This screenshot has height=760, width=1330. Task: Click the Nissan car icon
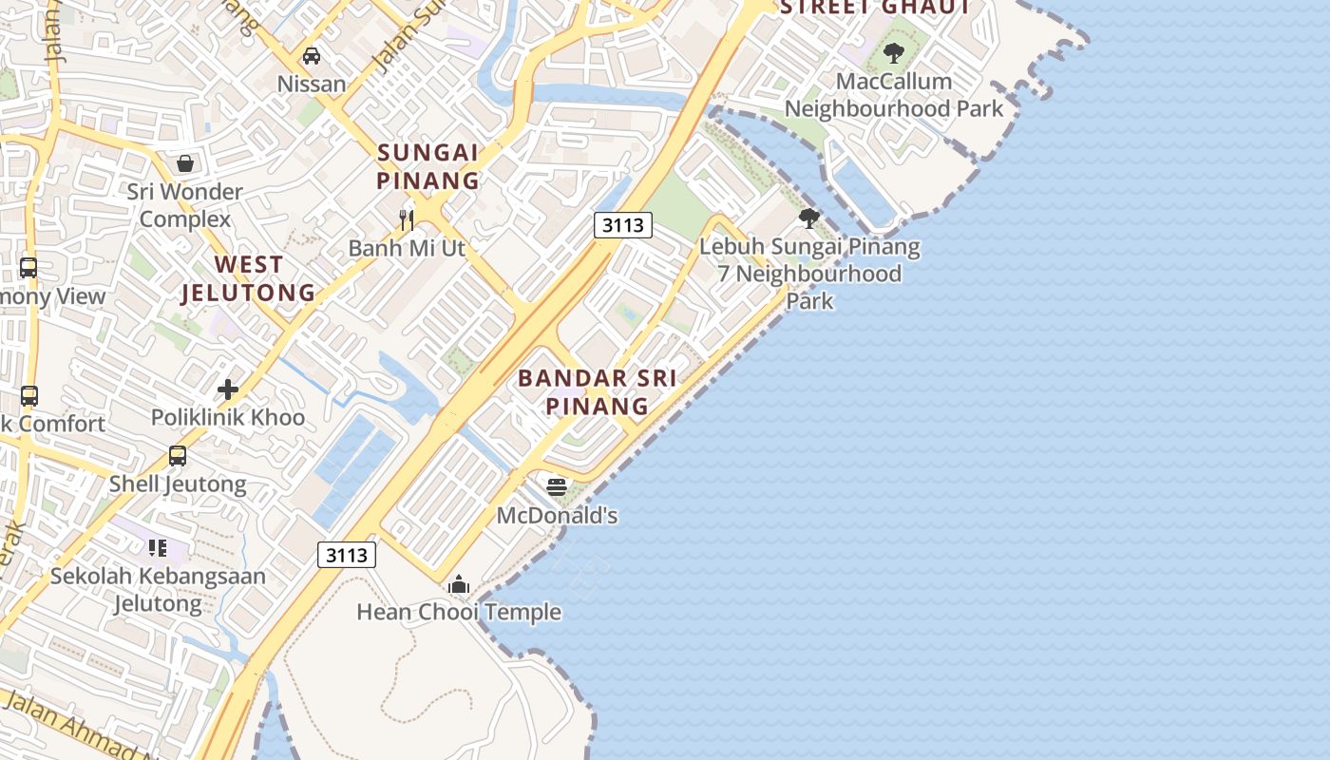[x=311, y=56]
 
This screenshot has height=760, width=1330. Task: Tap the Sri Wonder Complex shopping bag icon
[x=185, y=163]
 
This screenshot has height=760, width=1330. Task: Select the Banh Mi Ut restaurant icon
[x=407, y=220]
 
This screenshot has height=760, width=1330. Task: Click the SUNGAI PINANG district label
[x=427, y=166]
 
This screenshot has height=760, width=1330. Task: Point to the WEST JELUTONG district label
[x=248, y=278]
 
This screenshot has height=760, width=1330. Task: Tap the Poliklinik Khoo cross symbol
[x=228, y=389]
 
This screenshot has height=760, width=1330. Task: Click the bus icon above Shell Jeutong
[x=178, y=456]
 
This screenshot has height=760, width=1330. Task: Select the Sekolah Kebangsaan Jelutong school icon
[x=158, y=547]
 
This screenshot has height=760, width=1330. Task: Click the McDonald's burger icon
[x=557, y=487]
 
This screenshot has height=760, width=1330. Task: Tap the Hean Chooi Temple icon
[x=459, y=583]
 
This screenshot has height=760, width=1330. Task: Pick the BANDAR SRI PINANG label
[x=597, y=391]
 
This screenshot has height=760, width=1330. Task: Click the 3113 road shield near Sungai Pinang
[x=623, y=225]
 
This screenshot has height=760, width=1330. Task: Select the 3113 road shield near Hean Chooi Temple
[x=347, y=555]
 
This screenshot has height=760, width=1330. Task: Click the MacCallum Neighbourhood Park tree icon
[x=893, y=53]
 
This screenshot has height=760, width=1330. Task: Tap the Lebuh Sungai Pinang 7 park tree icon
[x=809, y=218]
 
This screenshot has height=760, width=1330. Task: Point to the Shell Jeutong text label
[x=178, y=484]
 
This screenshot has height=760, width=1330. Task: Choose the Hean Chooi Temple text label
[x=459, y=612]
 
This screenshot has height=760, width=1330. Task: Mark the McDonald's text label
[x=558, y=516]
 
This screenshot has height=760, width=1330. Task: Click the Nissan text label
[x=312, y=84]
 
